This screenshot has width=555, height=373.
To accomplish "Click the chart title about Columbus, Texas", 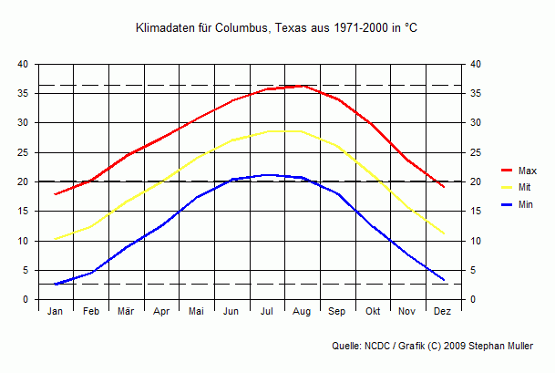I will [276, 29].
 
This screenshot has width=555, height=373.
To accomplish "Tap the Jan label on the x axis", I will [56, 312].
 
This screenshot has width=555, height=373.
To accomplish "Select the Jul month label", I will [267, 312].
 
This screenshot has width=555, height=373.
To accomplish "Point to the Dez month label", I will [443, 312].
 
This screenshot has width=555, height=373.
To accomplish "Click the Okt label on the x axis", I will [373, 312].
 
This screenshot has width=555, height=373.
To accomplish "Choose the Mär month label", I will [126, 312].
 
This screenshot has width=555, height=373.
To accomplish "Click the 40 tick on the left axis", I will [24, 64].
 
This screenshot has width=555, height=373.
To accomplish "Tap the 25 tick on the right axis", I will [476, 152].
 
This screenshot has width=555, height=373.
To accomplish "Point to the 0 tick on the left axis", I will [26, 300].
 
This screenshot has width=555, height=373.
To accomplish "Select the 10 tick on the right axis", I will [476, 241].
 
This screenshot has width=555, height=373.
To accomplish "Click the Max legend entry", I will [527, 171].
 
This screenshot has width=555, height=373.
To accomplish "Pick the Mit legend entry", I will [525, 188].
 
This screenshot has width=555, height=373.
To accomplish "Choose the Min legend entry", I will [526, 205].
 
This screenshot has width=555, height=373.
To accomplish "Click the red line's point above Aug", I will [303, 86].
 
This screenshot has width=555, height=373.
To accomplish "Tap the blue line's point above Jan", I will [56, 285].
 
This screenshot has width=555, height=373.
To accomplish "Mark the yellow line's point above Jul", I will [267, 131].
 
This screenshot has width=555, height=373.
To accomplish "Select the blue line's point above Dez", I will [443, 279].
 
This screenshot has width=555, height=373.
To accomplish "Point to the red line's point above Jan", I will [56, 194].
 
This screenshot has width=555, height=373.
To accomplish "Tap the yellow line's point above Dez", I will [443, 233].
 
